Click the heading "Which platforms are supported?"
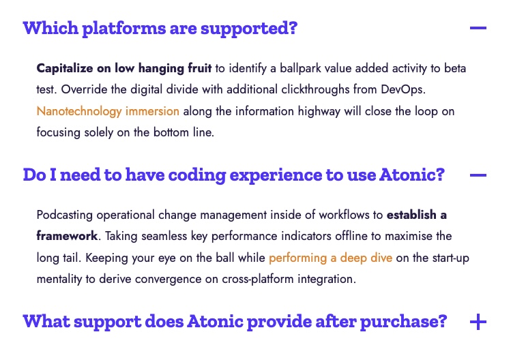pos(160,28)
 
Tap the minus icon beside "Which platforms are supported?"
pos(478,28)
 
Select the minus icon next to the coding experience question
pos(478,175)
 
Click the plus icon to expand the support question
pos(478,322)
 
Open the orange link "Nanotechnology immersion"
pos(108,111)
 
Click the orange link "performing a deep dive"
pos(330,258)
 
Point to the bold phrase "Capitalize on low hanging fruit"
pos(123,68)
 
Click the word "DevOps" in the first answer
pos(403,89)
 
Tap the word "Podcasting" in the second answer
pos(64,215)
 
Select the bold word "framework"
pos(67,236)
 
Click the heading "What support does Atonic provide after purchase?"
pos(235,322)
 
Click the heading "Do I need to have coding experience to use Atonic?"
pos(233,175)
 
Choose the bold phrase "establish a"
pos(417,215)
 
